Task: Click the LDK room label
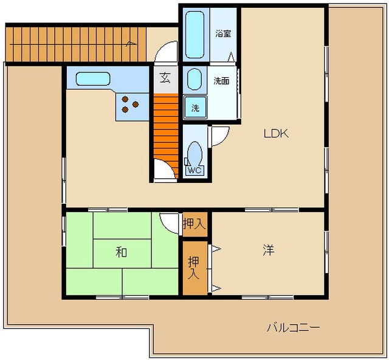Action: coord(276,134)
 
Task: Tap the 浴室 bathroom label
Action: coord(223,33)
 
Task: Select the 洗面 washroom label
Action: coord(221,81)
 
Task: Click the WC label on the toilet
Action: coord(194,170)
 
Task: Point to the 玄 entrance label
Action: coord(165,77)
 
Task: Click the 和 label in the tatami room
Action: coord(122,252)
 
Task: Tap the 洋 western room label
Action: coord(269,250)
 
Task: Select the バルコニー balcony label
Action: coord(294,328)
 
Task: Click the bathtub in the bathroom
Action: coord(194,35)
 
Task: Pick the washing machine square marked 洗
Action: coord(195,107)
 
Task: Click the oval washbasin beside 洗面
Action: coord(194,79)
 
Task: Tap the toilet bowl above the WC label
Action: coord(194,154)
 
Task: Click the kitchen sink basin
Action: coord(93,78)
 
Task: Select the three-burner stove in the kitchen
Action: coord(130,104)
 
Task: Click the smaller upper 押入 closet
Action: coord(194,224)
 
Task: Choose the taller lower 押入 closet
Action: coord(194,268)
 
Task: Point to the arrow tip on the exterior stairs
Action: coord(136,44)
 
